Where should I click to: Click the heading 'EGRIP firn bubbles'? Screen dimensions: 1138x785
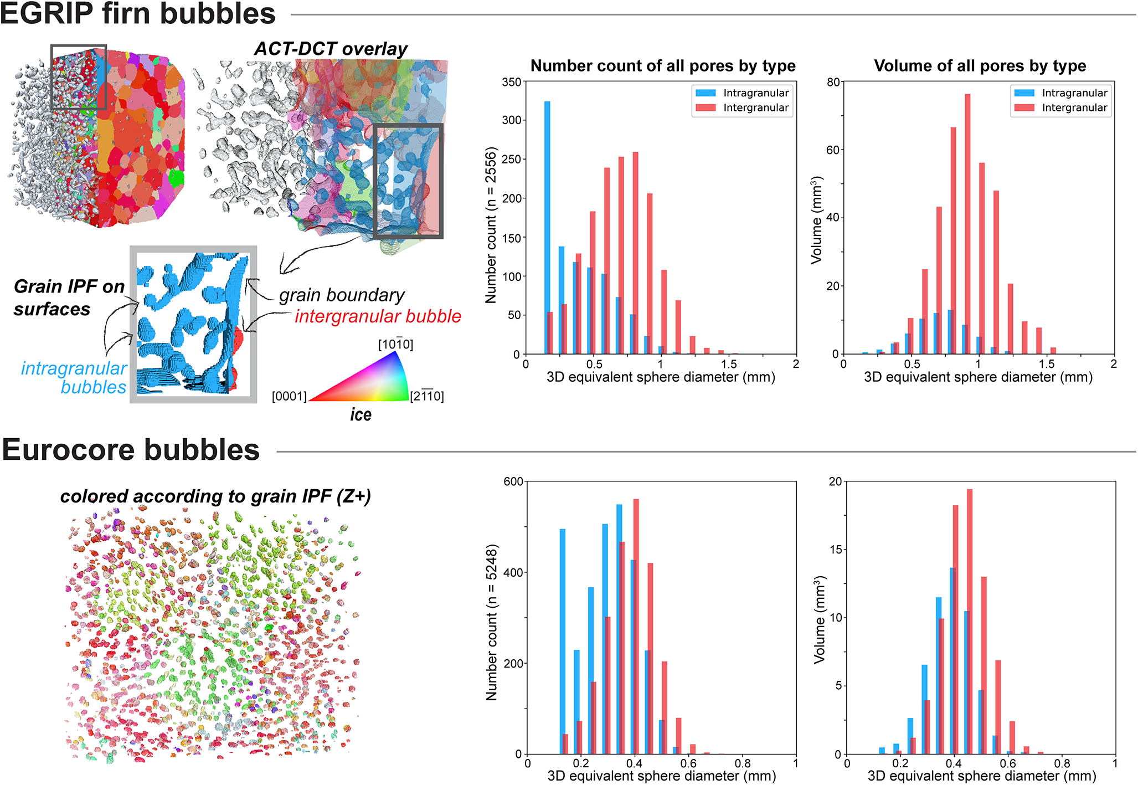(x=137, y=13)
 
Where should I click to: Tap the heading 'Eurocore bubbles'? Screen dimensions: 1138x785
(x=131, y=449)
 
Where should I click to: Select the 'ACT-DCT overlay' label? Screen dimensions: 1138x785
(x=331, y=49)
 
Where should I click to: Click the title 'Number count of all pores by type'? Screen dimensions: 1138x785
(x=663, y=66)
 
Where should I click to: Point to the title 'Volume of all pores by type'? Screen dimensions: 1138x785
(x=980, y=66)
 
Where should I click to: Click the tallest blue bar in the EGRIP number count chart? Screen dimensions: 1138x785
(x=547, y=228)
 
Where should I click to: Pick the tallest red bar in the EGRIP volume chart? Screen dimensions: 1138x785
(x=967, y=224)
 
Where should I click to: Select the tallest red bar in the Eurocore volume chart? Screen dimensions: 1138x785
(x=970, y=622)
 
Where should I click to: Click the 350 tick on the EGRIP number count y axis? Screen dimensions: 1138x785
(x=512, y=82)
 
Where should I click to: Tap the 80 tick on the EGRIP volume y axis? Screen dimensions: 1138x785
(x=833, y=82)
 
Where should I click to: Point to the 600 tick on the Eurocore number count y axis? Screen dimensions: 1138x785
(x=513, y=481)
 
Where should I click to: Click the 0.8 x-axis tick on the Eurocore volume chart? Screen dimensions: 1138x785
(x=1062, y=763)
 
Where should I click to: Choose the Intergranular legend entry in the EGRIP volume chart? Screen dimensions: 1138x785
(x=1060, y=107)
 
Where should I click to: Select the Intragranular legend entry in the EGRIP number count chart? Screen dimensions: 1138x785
(x=742, y=93)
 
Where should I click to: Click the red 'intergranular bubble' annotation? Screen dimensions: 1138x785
(x=378, y=316)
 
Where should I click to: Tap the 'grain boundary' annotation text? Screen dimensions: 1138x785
(x=342, y=295)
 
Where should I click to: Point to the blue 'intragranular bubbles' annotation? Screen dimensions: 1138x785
(x=74, y=377)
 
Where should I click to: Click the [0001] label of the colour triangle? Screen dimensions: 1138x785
(x=289, y=397)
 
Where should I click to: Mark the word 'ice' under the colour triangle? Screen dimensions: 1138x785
(x=361, y=414)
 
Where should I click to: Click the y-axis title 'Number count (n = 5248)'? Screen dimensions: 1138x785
(x=492, y=622)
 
